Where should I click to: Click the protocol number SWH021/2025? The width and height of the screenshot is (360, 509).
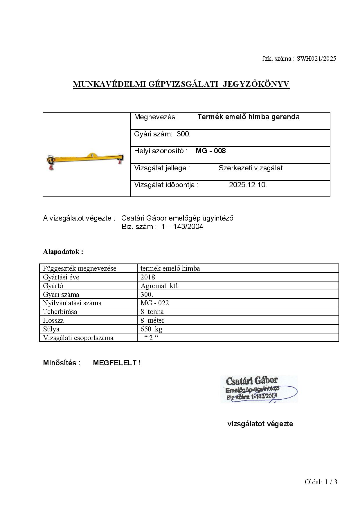pos(316,59)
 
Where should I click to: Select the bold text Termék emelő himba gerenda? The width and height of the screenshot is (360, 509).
pos(248,117)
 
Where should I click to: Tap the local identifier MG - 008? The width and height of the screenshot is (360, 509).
pos(210,151)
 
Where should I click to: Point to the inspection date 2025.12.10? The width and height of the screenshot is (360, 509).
pos(248,185)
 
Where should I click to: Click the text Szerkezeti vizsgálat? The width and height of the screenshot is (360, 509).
pos(250,168)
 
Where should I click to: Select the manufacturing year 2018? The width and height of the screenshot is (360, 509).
pos(148,277)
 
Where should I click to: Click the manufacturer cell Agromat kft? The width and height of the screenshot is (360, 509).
pos(159,286)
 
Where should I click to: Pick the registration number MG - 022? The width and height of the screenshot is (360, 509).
pos(154,303)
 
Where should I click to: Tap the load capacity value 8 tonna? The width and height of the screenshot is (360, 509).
pos(152,312)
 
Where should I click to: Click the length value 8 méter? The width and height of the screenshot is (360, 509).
pos(152,320)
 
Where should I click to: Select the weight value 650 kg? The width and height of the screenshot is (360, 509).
pos(151,329)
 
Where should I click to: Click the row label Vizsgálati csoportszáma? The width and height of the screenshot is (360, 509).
pos(78,338)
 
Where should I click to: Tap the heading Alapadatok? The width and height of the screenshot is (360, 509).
pos(63,252)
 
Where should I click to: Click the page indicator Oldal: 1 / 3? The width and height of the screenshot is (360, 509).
pos(321,482)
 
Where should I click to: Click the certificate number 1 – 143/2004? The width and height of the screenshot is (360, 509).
pos(182,227)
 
